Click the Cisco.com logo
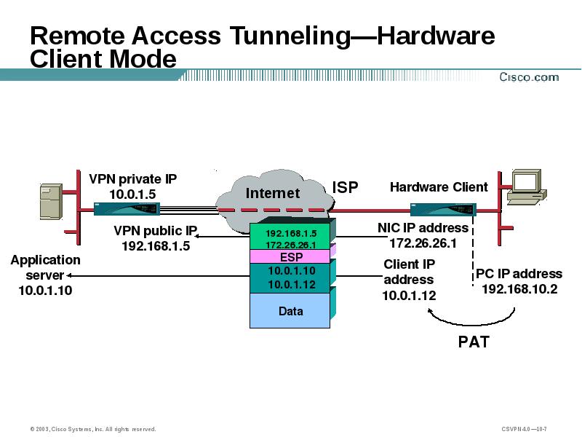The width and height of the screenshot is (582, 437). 528,76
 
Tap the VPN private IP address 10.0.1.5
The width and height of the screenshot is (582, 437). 132,194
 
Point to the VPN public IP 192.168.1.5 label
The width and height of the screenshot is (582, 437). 156,245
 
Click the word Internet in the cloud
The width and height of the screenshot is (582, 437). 273,193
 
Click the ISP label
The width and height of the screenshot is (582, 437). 346,187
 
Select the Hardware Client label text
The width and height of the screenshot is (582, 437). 439,187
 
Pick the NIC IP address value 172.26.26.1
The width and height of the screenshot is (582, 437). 423,243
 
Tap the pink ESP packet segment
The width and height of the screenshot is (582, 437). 291,257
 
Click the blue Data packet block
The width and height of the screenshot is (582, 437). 291,311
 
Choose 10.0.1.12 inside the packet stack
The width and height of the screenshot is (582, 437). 291,285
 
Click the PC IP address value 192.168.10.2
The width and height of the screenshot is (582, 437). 519,288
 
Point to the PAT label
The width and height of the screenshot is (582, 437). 474,341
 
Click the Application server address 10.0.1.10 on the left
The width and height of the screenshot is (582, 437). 45,290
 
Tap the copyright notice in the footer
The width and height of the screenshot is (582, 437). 93,428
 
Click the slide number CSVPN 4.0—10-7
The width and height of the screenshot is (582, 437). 524,428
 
